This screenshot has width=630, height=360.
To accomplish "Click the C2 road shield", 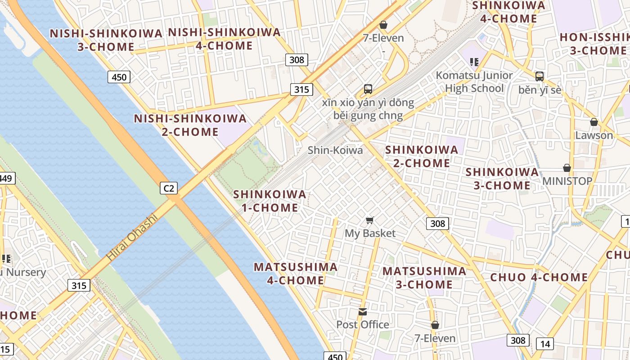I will coord(169,188).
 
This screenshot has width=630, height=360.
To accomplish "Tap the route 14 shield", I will coord(545,344).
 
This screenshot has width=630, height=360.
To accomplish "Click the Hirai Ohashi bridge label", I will coord(132,237).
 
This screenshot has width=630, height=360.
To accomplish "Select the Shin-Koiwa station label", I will coord(335,150).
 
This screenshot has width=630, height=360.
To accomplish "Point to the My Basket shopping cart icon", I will coord(370,220).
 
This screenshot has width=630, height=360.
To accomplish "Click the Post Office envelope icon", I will coord(363,311).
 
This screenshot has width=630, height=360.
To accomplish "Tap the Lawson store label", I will coord(594,135).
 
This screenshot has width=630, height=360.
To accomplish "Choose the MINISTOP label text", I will coord(567,181).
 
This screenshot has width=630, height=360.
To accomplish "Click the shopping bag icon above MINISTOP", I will coord(567,168).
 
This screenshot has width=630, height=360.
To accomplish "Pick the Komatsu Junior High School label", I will coord(474,81).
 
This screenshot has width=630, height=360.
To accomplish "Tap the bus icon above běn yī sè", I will coord(540,76).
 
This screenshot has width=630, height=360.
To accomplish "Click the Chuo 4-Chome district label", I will coord(539,277).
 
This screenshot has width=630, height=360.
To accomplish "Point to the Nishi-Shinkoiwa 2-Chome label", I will coord(190,125).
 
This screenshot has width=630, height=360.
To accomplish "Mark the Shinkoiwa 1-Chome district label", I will coord(270,201).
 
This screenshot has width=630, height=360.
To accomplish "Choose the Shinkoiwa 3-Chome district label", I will coord(502,179).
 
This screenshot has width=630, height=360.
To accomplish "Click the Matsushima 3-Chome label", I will coord(424,278).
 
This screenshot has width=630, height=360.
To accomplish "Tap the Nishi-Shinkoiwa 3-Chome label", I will coord(106,40).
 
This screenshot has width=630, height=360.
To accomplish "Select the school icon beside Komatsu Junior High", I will coord(473,62).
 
